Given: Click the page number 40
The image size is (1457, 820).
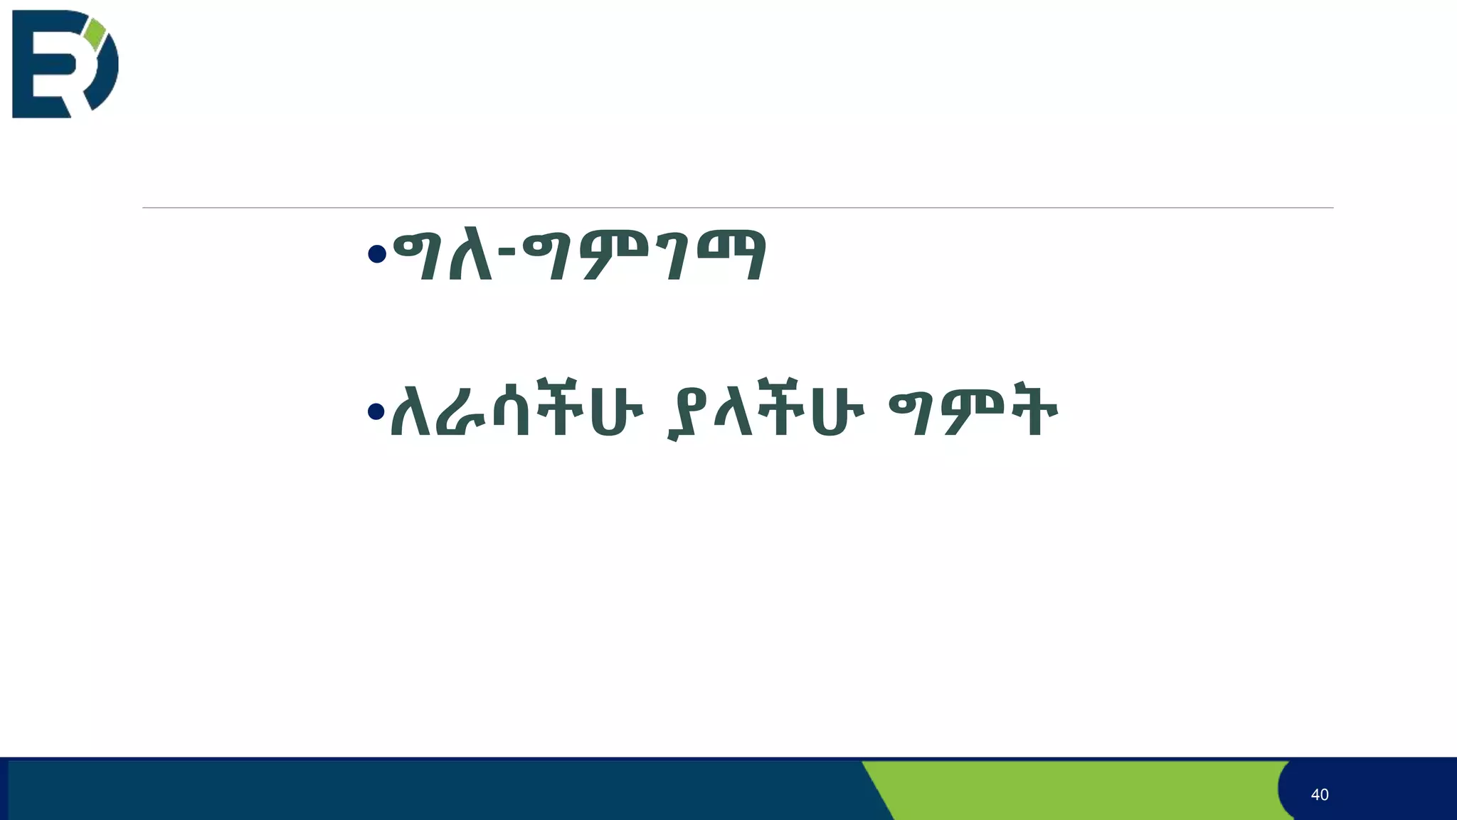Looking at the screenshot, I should [x=1319, y=794].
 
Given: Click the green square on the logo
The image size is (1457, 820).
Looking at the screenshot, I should [x=95, y=34].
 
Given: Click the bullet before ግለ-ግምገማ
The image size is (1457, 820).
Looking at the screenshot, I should [x=377, y=253].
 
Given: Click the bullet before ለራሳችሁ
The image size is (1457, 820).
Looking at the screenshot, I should [x=376, y=411].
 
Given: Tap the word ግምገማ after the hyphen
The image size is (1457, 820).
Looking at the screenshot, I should [x=644, y=254].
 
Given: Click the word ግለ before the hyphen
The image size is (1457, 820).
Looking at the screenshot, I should [x=443, y=254].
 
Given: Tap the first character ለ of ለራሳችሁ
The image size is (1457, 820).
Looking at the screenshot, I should [x=410, y=411].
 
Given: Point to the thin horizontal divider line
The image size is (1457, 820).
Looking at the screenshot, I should [x=737, y=208].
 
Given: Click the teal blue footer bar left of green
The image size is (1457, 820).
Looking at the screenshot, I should [x=427, y=790].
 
